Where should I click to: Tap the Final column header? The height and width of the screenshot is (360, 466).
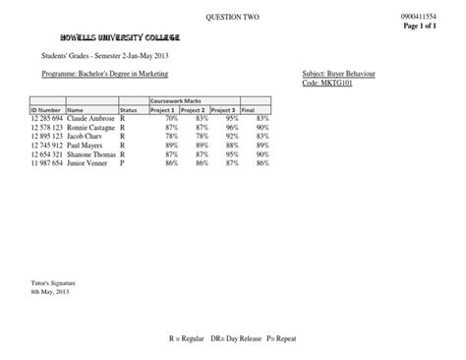click(x=248, y=110)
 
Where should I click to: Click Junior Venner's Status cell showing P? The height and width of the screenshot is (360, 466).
click(x=122, y=163)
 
